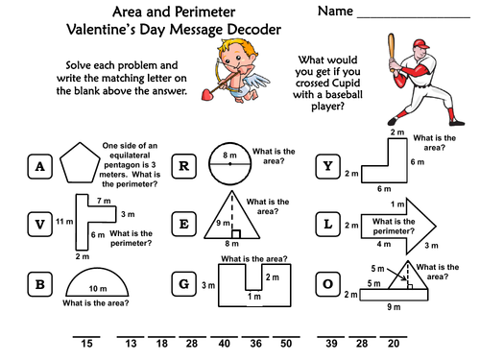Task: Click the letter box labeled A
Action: (40, 167)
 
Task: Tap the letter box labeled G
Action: (181, 283)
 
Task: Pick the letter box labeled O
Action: (327, 283)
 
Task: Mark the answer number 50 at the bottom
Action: (285, 344)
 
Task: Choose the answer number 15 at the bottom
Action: (85, 344)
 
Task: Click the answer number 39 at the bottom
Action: (332, 344)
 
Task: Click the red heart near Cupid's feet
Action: (204, 94)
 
